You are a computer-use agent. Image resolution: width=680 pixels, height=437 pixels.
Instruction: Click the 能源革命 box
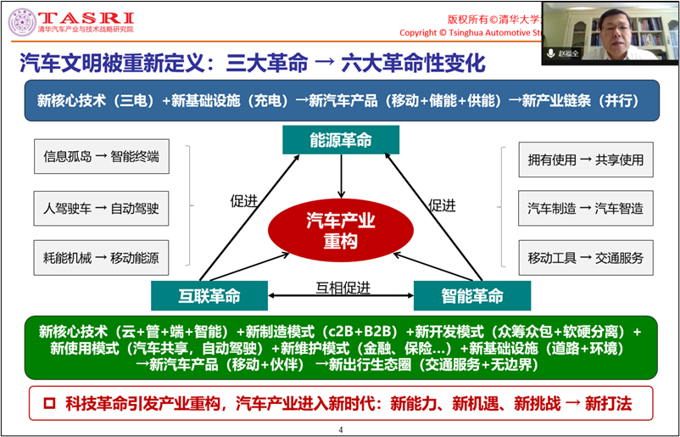pos(341,140)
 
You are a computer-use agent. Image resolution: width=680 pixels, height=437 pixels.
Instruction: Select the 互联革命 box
pos(209,295)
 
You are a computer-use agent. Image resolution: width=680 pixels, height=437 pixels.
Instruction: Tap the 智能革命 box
pos(472,295)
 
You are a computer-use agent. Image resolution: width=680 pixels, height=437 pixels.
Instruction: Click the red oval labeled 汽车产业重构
pos(341,231)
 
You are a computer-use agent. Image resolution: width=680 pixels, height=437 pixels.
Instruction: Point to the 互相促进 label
pos(343,288)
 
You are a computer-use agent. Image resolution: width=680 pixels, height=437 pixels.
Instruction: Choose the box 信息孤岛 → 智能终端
pos(102,156)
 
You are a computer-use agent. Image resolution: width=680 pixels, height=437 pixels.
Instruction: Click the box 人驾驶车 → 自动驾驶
pos(101,208)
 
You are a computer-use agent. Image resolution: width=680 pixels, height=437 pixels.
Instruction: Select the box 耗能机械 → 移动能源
pos(101,258)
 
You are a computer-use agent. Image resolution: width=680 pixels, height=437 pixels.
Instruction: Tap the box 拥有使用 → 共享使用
pos(586,160)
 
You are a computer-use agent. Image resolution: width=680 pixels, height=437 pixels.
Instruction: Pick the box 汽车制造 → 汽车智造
pos(585,208)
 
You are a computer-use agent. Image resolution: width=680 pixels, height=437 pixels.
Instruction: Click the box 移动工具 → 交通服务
pos(586,258)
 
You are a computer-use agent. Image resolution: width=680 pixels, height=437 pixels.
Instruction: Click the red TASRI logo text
pos(86,18)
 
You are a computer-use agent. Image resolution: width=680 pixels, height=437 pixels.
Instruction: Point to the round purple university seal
pos(23,23)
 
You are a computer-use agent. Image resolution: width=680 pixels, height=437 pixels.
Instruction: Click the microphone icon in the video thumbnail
pos(551,53)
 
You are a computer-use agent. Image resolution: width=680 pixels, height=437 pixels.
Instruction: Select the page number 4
pos(341,429)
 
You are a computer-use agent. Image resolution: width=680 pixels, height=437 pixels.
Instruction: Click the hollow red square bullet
pos(49,403)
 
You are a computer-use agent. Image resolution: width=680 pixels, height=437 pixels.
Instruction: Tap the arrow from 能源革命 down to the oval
pos(342,176)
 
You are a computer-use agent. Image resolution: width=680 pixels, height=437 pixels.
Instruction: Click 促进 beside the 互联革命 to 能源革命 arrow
pos(243,201)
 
